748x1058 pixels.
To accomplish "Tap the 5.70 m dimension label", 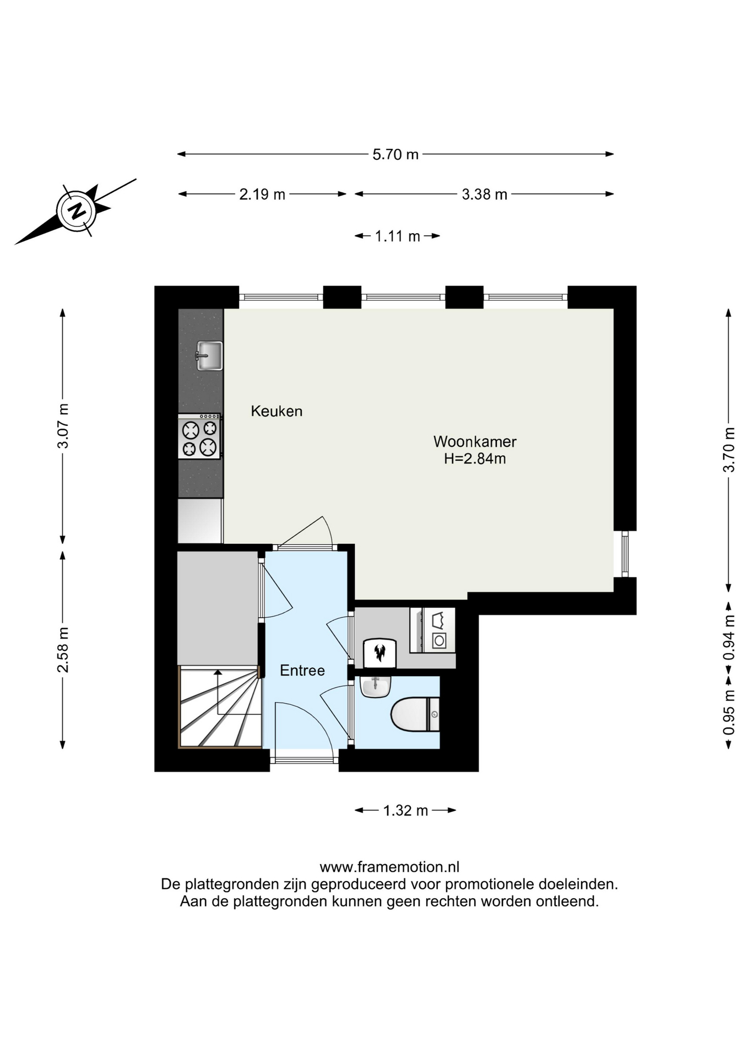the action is [x=395, y=154].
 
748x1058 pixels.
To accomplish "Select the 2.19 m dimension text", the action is [x=262, y=194].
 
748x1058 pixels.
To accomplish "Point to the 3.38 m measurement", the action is [x=484, y=194].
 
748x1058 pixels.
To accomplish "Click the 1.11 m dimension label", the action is [x=397, y=236].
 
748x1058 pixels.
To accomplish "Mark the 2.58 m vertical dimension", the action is [x=63, y=650].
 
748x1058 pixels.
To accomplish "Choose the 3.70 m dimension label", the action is [x=729, y=450].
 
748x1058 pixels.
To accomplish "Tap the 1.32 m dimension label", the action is [x=405, y=811].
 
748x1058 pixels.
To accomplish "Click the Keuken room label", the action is [x=277, y=411].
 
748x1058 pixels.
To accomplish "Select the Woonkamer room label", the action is [x=475, y=441].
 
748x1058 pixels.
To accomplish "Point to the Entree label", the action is [x=302, y=671].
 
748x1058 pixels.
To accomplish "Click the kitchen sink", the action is [x=209, y=355].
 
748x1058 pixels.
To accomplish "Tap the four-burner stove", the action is [x=199, y=436].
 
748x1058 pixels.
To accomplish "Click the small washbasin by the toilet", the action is [x=375, y=687].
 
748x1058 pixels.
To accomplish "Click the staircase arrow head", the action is [x=218, y=672].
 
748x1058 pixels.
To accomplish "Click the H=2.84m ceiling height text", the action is [x=475, y=458].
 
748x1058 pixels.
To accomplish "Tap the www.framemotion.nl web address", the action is [x=389, y=867].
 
